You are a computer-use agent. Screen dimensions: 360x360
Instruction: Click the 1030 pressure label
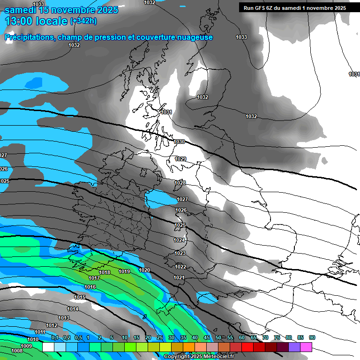(x=179, y=142)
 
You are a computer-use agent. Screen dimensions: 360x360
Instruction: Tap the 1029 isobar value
(x=180, y=159)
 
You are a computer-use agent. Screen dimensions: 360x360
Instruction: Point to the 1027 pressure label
(x=182, y=200)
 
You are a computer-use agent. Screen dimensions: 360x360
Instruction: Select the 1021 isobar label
(x=179, y=277)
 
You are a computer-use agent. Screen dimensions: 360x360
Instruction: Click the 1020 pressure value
(x=144, y=270)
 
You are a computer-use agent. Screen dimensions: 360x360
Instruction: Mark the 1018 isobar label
(x=105, y=272)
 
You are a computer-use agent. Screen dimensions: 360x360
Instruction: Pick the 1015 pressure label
(x=80, y=297)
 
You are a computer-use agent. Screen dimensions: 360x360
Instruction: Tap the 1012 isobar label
(x=52, y=325)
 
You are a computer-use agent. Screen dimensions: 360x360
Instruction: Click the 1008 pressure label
(x=17, y=351)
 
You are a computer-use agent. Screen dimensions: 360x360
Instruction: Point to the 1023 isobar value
(x=180, y=253)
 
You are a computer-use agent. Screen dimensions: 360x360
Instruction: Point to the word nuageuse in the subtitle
(x=190, y=37)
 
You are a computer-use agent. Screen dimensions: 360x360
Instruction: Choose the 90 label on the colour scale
(x=312, y=337)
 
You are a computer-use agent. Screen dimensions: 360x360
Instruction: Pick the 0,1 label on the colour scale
(x=55, y=337)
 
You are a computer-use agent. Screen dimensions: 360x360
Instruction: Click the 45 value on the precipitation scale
(x=207, y=337)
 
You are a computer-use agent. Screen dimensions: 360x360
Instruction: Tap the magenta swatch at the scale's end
(x=306, y=347)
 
